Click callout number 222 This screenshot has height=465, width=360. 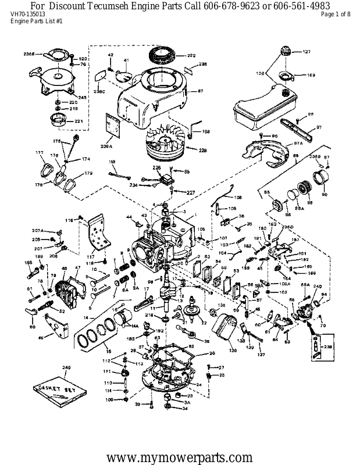pos(191,56)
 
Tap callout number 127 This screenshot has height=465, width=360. pos(306,52)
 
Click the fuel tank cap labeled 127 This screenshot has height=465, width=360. pos(285,51)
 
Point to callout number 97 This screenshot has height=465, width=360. pos(319,127)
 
